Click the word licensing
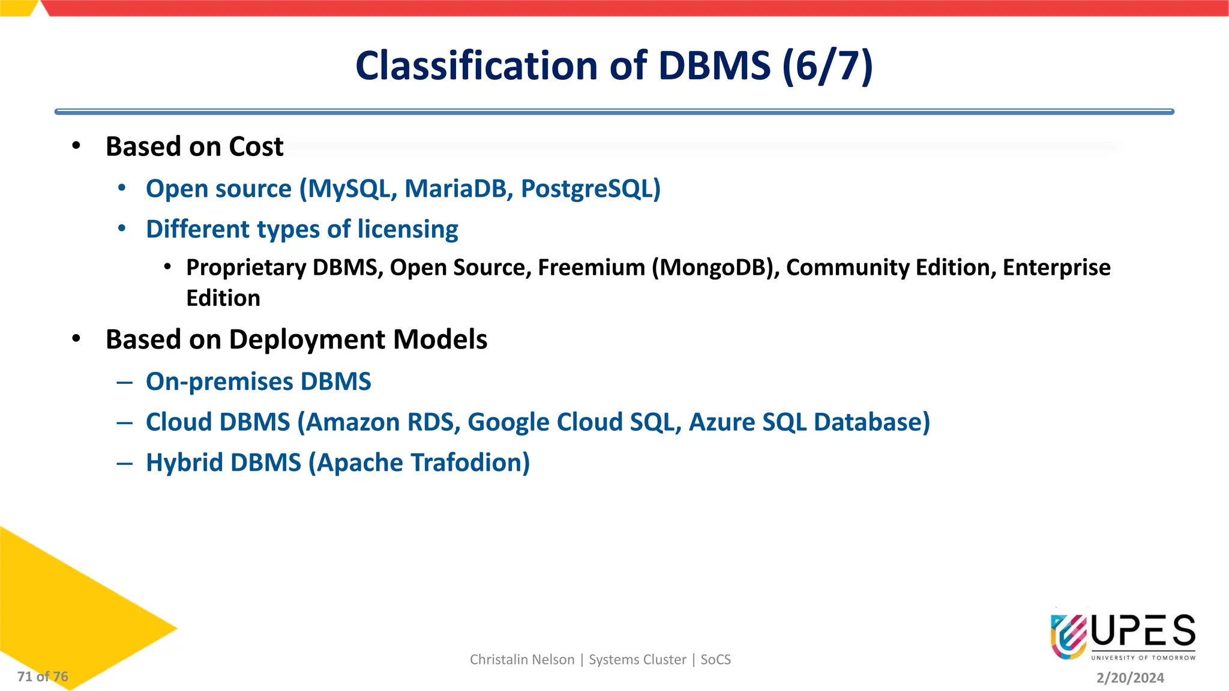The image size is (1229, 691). tap(407, 229)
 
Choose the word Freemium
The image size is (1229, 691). tap(591, 268)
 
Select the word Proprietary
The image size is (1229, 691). tap(246, 268)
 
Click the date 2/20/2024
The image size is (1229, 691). tap(1130, 678)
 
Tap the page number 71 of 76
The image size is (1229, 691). tap(43, 677)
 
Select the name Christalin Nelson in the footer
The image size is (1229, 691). tap(521, 660)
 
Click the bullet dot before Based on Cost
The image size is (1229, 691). tap(76, 146)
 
